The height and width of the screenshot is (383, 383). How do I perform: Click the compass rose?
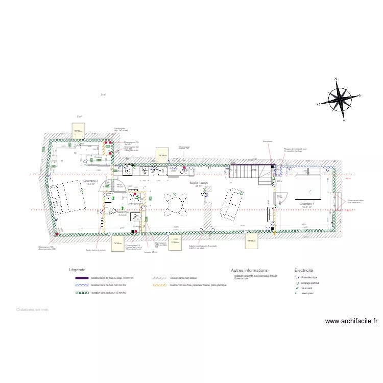pos(339,100)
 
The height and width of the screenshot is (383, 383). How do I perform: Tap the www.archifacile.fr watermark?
pos(351,321)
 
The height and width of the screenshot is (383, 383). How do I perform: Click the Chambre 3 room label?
pos(90,181)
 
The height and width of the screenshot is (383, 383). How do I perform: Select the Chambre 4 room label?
pos(306,204)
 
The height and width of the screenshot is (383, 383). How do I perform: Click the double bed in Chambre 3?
pos(65,195)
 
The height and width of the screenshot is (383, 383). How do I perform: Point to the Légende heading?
pos(77,270)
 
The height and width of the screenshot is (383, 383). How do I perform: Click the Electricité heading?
pos(303,270)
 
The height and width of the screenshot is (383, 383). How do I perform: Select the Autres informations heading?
pos(249,270)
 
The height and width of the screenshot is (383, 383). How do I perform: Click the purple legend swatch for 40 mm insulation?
pos(82,278)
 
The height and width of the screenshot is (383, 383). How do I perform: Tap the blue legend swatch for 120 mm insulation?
pos(82,285)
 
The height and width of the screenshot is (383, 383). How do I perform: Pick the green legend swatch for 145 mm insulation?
pos(82,293)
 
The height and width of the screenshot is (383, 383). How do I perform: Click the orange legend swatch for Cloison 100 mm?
pos(160,285)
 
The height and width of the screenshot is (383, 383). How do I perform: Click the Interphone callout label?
pos(267,141)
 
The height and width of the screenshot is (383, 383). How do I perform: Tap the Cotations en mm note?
pos(32,309)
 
